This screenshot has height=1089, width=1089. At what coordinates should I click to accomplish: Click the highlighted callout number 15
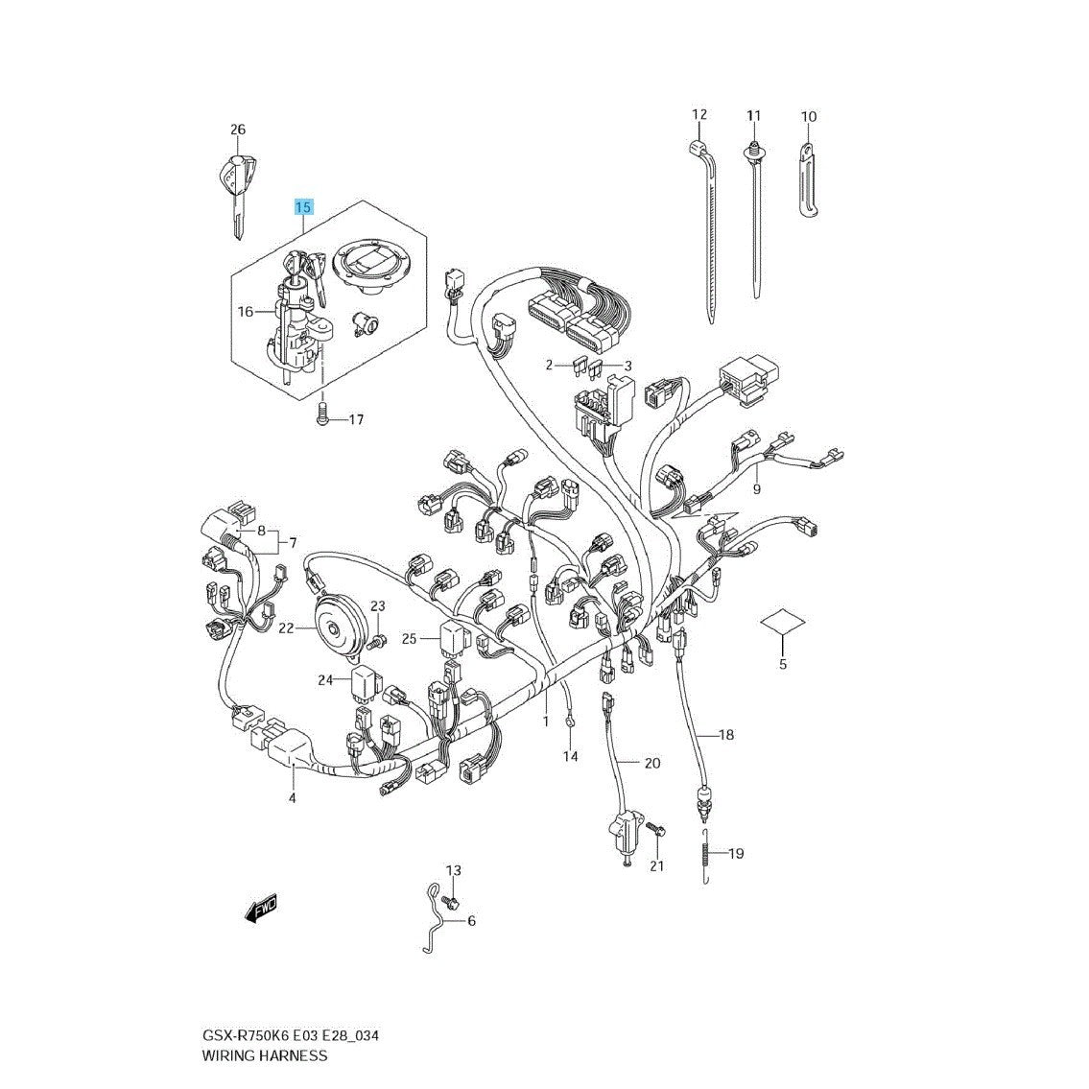tap(303, 207)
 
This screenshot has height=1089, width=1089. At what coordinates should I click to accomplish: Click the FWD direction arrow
tap(260, 907)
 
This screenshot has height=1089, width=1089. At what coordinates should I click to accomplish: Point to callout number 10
tap(809, 116)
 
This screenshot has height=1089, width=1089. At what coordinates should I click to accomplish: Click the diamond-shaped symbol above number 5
tap(783, 623)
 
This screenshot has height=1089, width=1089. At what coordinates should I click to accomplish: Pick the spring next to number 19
tap(705, 856)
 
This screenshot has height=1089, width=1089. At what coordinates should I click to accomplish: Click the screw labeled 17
tap(321, 415)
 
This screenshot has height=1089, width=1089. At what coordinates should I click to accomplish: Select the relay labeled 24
tap(366, 680)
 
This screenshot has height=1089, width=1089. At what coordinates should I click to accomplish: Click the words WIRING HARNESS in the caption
tap(264, 1055)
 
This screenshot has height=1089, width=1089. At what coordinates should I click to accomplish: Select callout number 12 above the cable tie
tap(699, 114)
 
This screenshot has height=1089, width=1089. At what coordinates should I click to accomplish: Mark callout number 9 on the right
tap(756, 489)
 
